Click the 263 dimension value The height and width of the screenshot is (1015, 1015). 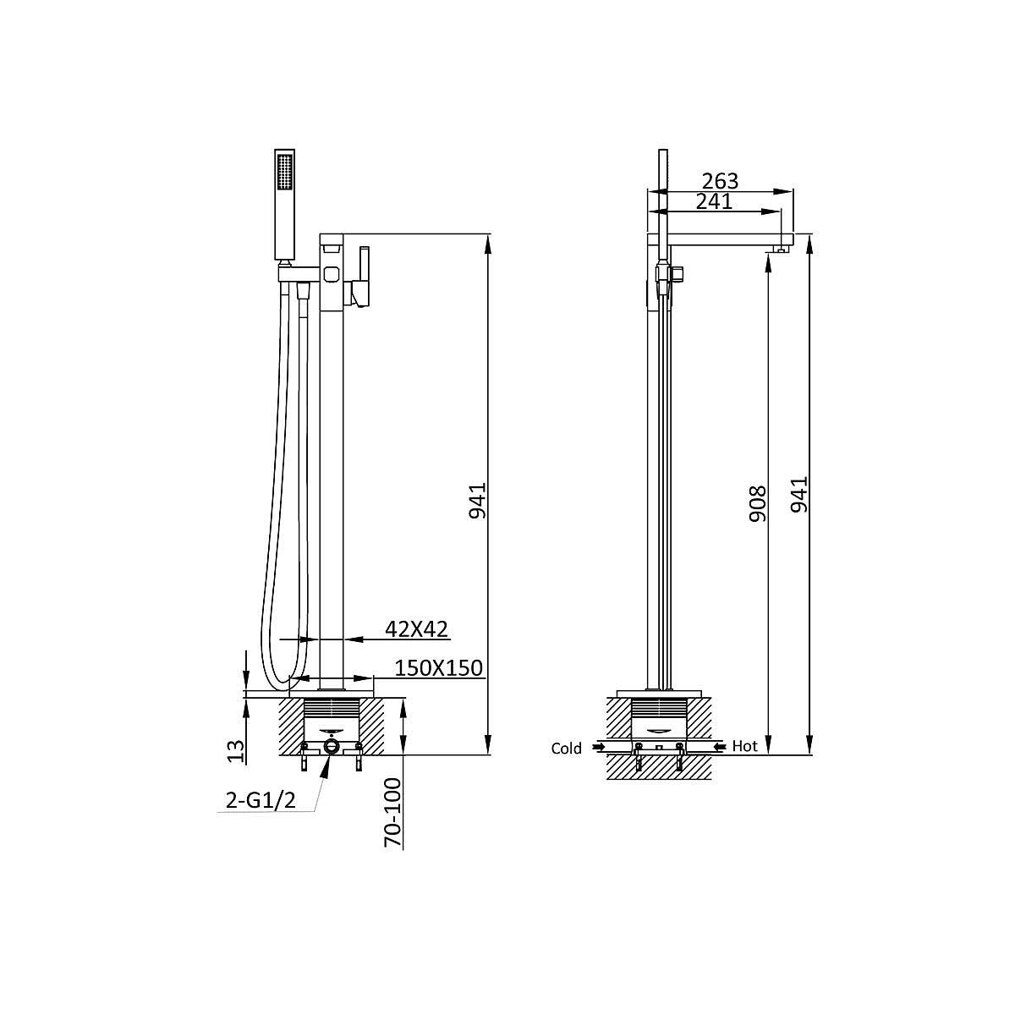720,181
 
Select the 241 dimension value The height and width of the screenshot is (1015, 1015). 714,201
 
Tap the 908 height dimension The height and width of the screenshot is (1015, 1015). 758,504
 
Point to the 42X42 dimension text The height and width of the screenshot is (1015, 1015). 416,629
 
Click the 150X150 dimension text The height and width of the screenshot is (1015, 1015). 439,668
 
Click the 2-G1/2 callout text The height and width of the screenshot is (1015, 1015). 261,801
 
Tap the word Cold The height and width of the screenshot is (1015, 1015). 566,749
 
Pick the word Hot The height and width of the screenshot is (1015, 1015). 745,746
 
